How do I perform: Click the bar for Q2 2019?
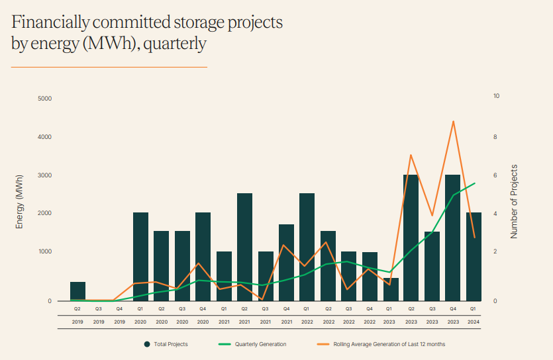pyautogui.click(x=77, y=291)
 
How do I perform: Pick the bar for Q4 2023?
pyautogui.click(x=452, y=238)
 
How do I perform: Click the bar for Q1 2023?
pyautogui.click(x=391, y=289)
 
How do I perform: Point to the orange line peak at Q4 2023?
pyautogui.click(x=453, y=121)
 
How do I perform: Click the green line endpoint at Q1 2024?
pyautogui.click(x=474, y=183)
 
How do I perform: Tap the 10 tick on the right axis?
pyautogui.click(x=497, y=96)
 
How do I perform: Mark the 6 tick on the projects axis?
pyautogui.click(x=496, y=175)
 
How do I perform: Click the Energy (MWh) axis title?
pyautogui.click(x=20, y=202)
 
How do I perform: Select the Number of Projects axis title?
pyautogui.click(x=515, y=201)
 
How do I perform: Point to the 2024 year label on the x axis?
pyautogui.click(x=474, y=322)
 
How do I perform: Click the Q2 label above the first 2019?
pyautogui.click(x=77, y=308)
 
